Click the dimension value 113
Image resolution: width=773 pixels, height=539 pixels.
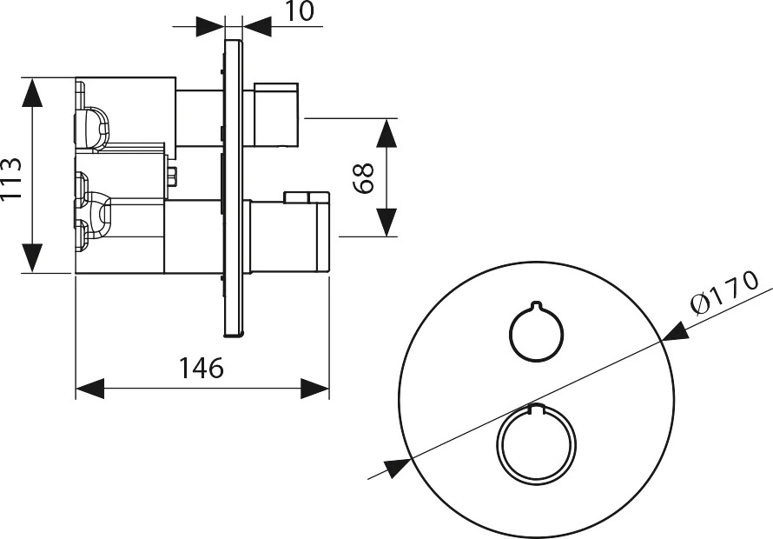pyautogui.click(x=11, y=178)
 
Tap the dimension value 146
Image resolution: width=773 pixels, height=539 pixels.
pyautogui.click(x=202, y=368)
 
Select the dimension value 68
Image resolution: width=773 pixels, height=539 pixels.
pyautogui.click(x=364, y=178)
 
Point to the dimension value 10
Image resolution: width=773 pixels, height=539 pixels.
pyautogui.click(x=300, y=11)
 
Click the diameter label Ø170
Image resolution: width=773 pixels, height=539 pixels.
pyautogui.click(x=724, y=293)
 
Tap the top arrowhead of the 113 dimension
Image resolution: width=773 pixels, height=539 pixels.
pyautogui.click(x=32, y=92)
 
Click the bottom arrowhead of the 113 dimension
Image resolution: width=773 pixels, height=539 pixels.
pyautogui.click(x=32, y=257)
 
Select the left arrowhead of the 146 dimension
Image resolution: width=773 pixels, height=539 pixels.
pyautogui.click(x=89, y=389)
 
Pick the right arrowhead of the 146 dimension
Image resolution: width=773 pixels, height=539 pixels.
pyautogui.click(x=315, y=389)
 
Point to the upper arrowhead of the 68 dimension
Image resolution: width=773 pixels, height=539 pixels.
pyautogui.click(x=386, y=133)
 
